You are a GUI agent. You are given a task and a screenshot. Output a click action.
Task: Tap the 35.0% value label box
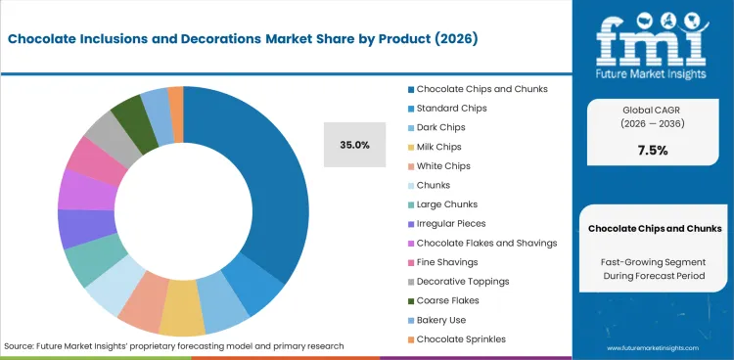[x=354, y=145]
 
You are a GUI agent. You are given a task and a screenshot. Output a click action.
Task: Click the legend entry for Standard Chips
[x=451, y=108]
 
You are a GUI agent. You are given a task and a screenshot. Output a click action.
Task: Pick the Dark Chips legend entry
[x=442, y=127]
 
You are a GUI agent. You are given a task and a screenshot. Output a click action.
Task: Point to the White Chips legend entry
[x=444, y=165]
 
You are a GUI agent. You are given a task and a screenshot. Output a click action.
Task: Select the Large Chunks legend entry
[x=448, y=204]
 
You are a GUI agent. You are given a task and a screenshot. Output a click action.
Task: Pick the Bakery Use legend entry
[x=441, y=320]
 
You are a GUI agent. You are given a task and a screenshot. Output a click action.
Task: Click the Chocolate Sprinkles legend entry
[x=463, y=338]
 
